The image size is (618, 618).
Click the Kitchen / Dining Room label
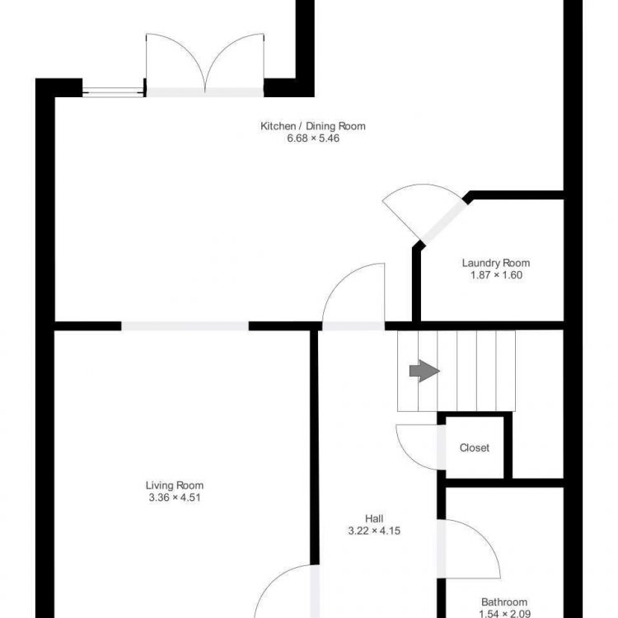[x=313, y=126]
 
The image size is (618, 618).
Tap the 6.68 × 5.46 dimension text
[x=313, y=138]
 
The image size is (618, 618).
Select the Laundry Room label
[x=496, y=263]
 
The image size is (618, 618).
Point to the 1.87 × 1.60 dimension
[x=496, y=275]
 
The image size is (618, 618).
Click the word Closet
[x=475, y=447]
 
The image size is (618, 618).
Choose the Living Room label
[x=175, y=485]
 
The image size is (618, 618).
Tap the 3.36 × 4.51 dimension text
[x=175, y=498]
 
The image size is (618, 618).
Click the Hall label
[x=374, y=518]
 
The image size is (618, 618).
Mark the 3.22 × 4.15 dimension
[x=374, y=531]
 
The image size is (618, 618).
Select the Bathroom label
[x=504, y=602]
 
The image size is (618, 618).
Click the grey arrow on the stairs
[x=424, y=371]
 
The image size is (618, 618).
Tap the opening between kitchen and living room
[x=185, y=326]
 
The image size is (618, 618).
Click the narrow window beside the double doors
[x=113, y=92]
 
